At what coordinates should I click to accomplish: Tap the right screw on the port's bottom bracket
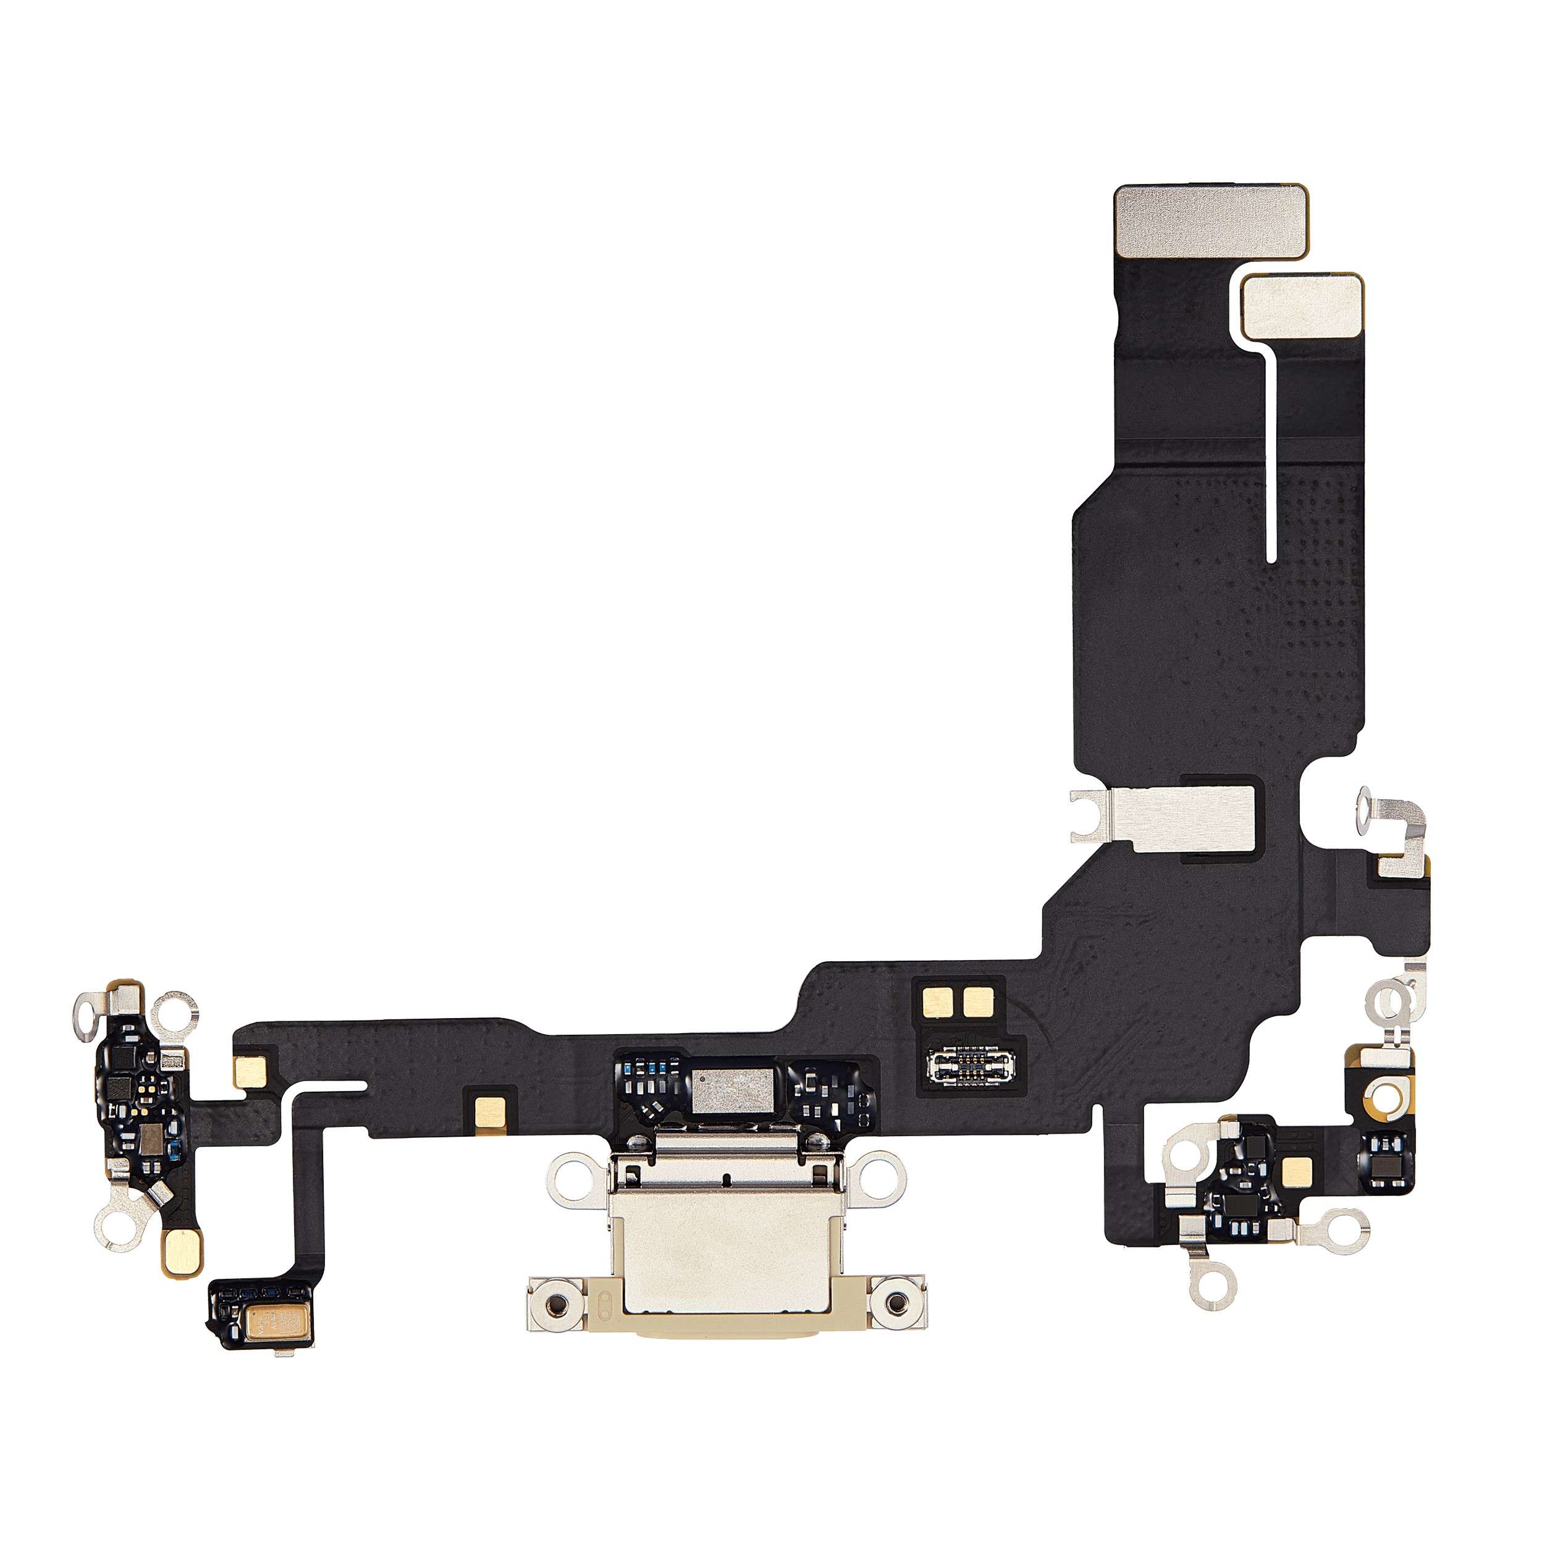click(900, 1306)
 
